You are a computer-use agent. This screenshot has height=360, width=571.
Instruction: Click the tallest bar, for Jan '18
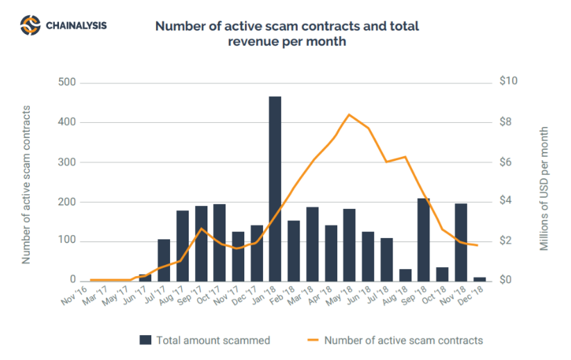[275, 189]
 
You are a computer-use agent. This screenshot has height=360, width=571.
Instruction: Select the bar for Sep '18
[423, 239]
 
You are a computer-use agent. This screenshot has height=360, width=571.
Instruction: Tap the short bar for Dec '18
[479, 279]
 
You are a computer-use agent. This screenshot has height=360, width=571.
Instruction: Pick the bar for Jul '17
[164, 260]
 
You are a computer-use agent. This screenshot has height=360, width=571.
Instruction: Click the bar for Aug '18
[405, 275]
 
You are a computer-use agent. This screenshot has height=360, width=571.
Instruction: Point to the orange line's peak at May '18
[349, 114]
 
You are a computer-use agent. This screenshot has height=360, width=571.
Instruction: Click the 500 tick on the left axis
[67, 83]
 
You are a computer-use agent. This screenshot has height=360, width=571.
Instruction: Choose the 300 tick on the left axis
[67, 162]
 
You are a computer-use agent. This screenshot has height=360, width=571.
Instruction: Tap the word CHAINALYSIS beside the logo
[76, 26]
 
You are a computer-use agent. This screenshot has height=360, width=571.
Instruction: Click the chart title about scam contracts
[287, 34]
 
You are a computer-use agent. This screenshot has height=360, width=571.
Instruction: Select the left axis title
[27, 185]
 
